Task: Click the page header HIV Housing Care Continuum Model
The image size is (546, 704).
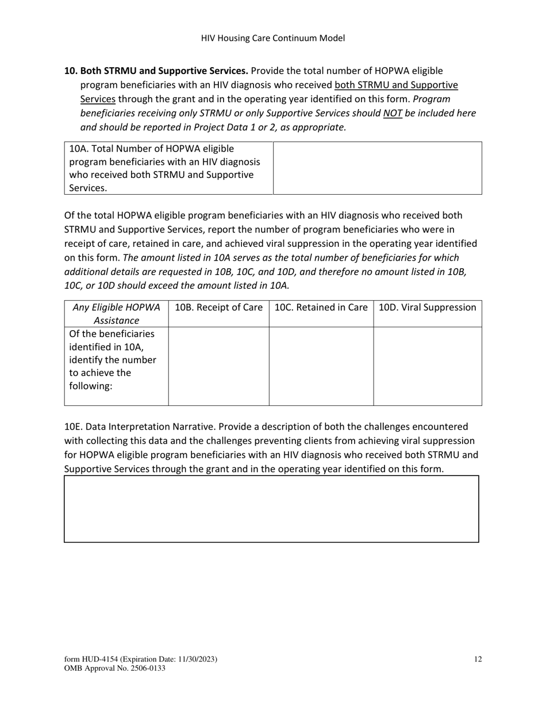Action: [x=273, y=38]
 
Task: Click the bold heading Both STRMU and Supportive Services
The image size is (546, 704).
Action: [x=164, y=71]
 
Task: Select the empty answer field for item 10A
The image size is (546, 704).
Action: [x=377, y=168]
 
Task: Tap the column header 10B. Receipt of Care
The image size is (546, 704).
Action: [x=218, y=308]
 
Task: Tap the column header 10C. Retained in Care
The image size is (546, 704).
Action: [x=321, y=308]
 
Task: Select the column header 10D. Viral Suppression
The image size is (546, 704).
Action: [x=428, y=308]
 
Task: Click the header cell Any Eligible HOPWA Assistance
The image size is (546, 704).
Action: [x=117, y=314]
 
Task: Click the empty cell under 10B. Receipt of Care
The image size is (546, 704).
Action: [x=218, y=366]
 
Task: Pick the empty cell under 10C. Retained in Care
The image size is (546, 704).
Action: [x=321, y=366]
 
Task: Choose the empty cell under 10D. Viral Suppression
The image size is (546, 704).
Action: [x=428, y=366]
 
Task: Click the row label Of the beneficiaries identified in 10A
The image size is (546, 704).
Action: [x=112, y=360]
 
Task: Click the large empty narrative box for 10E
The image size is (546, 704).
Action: [x=271, y=509]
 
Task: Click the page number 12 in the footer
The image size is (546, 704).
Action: [x=478, y=660]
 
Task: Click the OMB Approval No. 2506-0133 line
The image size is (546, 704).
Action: [x=115, y=668]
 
